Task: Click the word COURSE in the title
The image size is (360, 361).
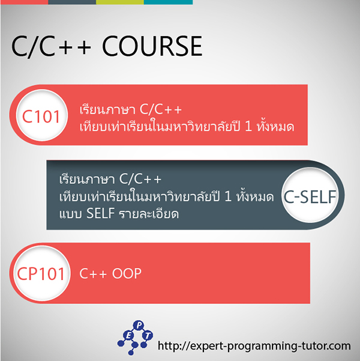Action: coord(152,46)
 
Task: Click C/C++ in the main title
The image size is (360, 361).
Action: coord(51,46)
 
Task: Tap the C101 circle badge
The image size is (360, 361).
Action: coord(41,115)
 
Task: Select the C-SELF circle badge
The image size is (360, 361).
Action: coord(310,195)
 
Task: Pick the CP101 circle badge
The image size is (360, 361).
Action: coord(41,273)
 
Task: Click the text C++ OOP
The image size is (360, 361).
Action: coord(110,273)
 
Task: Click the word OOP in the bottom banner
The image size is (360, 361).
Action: coord(127,273)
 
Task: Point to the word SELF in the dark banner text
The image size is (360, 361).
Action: coord(101,213)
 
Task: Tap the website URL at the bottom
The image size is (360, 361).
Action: coord(254,346)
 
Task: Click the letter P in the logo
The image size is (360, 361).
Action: coord(139,326)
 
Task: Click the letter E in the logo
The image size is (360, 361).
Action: coord(128,336)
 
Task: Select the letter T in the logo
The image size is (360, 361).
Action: coord(148,335)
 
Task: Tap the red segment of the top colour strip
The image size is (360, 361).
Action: coord(24,2)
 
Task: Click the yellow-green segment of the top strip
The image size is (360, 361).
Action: coord(120,2)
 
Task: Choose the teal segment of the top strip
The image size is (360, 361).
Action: coord(168,2)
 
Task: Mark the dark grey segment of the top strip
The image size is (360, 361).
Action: coord(72,2)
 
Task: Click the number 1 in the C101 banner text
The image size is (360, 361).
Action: coord(248,126)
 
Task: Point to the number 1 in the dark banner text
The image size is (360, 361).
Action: coord(228,196)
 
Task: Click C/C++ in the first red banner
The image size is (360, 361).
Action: coord(161,109)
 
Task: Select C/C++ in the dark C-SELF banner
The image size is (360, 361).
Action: coord(140,179)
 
